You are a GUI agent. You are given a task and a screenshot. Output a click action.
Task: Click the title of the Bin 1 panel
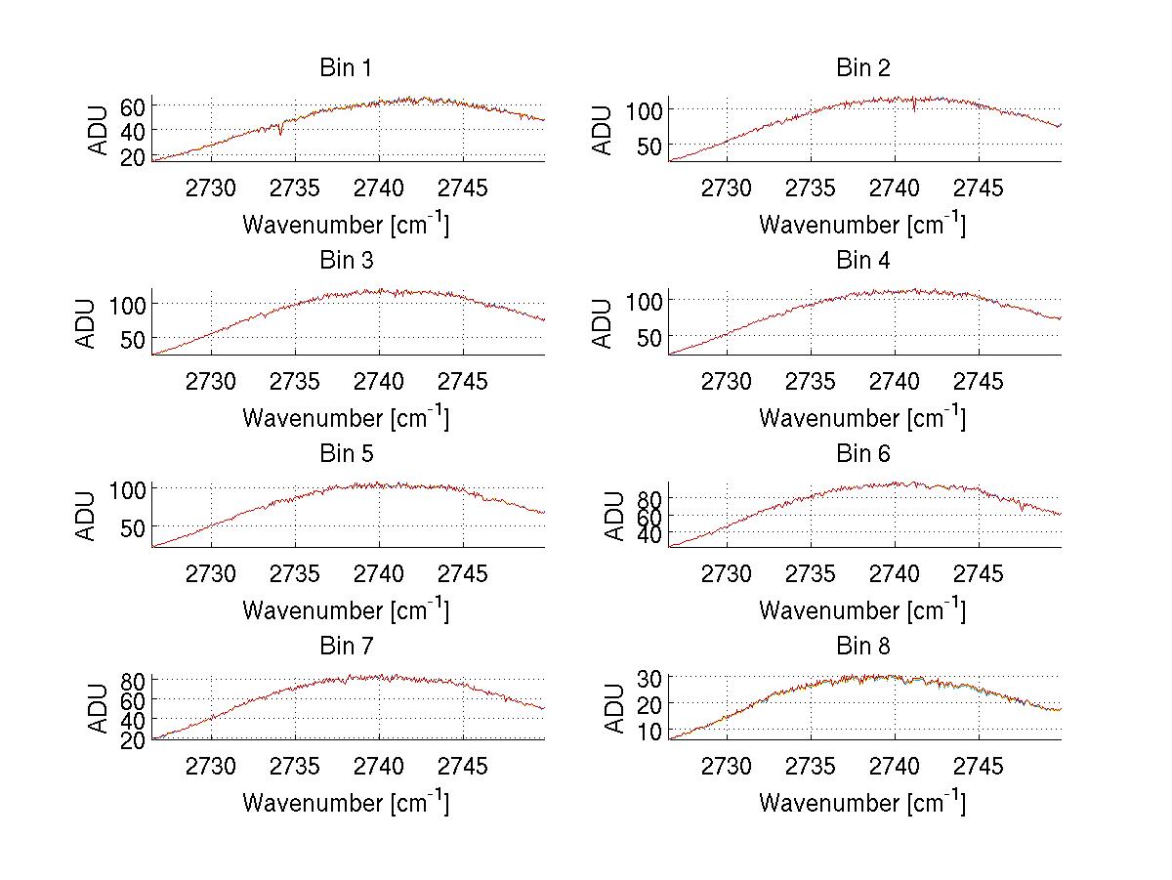[345, 68]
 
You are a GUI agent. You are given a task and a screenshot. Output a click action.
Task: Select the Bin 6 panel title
[862, 454]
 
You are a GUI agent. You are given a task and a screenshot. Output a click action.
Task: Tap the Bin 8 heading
[862, 647]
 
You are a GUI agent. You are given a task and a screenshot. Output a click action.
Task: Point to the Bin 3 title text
[345, 261]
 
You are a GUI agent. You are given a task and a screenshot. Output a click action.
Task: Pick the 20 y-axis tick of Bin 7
[133, 739]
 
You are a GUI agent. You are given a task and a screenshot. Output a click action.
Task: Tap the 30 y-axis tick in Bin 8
[649, 677]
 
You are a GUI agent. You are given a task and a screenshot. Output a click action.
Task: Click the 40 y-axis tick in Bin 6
[649, 533]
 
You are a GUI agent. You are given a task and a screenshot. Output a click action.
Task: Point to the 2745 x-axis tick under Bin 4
[978, 382]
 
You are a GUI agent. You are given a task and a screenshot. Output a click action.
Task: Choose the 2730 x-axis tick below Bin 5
[211, 574]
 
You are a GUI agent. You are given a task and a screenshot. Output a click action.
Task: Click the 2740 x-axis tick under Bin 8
[894, 767]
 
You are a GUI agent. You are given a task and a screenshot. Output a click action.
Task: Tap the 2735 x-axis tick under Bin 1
[295, 189]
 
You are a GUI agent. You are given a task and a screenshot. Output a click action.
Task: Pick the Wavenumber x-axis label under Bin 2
[862, 225]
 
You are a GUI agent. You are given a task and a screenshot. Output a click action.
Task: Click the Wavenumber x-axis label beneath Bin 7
[345, 803]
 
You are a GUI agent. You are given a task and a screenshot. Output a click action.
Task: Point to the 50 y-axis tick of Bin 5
[133, 526]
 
